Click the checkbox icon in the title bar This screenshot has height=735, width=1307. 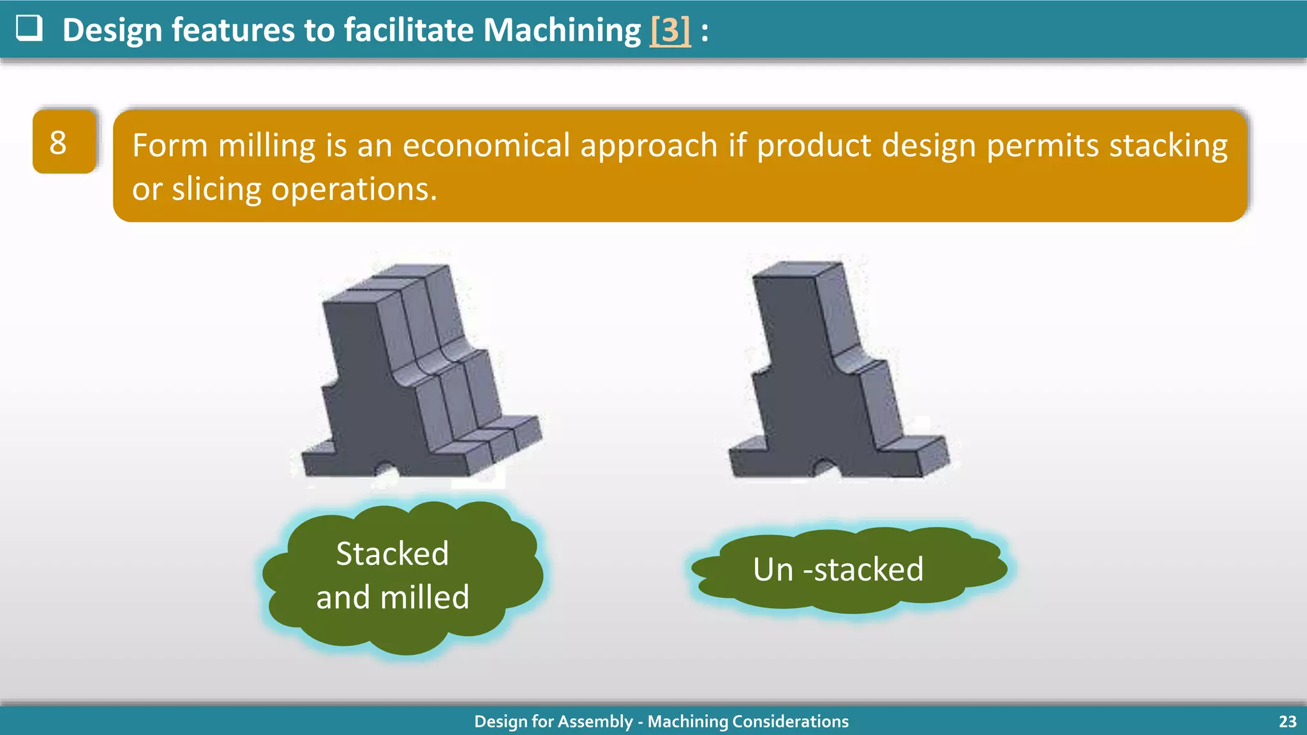[x=29, y=29]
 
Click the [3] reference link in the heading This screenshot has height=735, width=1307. [x=670, y=30]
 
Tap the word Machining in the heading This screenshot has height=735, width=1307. [x=562, y=30]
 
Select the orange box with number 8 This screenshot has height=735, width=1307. [x=64, y=142]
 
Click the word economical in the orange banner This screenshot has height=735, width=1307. [x=486, y=145]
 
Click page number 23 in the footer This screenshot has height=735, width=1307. [x=1287, y=722]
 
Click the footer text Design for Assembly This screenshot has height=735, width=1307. [x=553, y=722]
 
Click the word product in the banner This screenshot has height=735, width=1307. [x=814, y=145]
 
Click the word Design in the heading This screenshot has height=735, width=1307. [x=112, y=30]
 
